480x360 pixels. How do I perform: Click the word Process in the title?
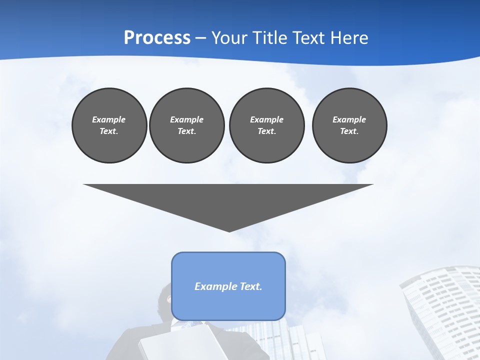coord(157,37)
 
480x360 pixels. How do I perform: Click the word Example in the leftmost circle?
coord(109,119)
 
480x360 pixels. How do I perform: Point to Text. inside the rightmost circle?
coord(349,131)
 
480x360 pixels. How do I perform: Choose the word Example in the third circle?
coord(266,119)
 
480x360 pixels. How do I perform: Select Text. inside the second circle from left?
coord(186,131)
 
